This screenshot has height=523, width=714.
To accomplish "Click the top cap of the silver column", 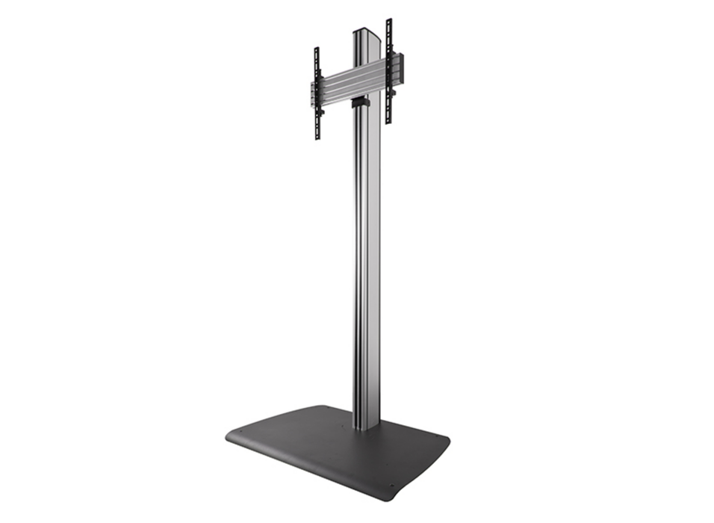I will [364, 31].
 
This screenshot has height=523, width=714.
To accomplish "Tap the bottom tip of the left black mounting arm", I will [317, 139].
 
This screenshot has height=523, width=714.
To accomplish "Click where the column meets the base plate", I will [365, 428].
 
